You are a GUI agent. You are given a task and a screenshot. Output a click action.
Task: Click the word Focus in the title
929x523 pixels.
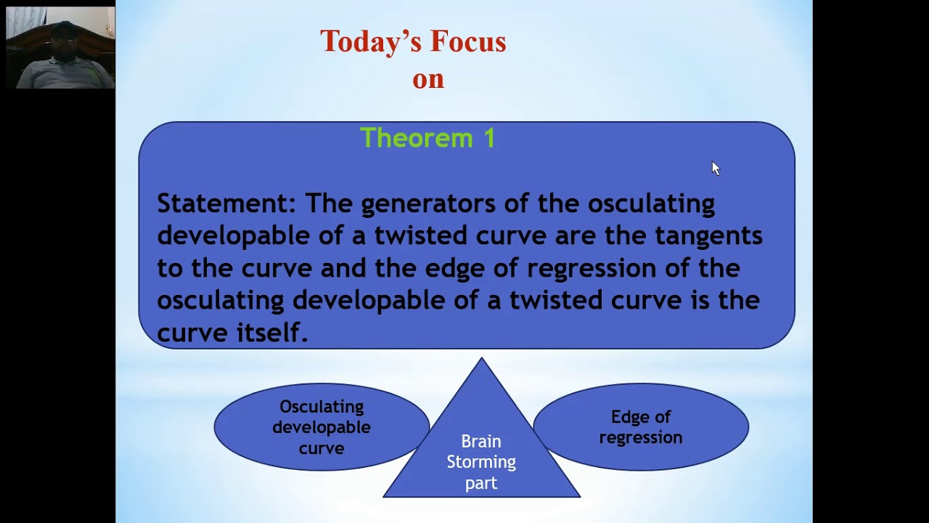[x=467, y=41]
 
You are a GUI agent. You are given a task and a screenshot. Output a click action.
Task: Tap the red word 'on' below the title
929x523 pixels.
[x=427, y=78]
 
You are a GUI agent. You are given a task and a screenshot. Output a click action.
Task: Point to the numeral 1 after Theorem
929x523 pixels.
[x=488, y=137]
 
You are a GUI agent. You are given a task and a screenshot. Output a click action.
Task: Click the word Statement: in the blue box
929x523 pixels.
[x=226, y=203]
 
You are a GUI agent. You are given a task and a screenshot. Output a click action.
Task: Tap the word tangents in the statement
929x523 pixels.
[x=708, y=236]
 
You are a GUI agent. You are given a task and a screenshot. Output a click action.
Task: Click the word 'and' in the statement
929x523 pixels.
[x=343, y=268]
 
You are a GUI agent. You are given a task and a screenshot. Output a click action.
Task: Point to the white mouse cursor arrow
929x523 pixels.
[x=715, y=168]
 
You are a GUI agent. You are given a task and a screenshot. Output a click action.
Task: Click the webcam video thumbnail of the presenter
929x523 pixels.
[x=60, y=48]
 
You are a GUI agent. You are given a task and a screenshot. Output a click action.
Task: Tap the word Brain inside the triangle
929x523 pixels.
[x=480, y=442]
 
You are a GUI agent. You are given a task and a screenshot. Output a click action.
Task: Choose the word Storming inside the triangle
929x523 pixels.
[x=480, y=462]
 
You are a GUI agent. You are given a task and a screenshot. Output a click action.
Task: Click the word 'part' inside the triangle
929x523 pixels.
[x=480, y=483]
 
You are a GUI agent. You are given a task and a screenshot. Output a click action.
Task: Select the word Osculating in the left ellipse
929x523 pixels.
[x=321, y=407]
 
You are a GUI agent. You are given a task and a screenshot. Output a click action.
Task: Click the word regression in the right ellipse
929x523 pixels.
[x=640, y=438]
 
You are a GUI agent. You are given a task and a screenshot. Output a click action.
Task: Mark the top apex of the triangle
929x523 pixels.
[x=481, y=359]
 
